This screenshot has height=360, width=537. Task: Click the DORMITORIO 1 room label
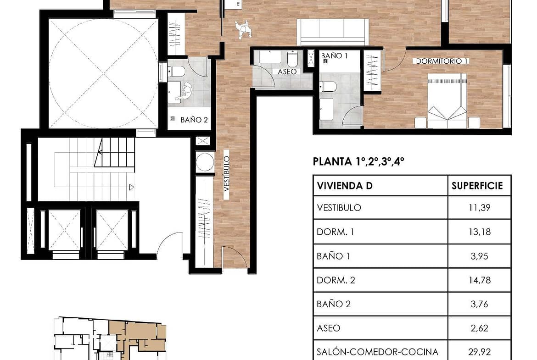pyautogui.click(x=442, y=61)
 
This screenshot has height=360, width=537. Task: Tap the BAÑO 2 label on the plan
pyautogui.click(x=194, y=120)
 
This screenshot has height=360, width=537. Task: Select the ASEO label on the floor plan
pyautogui.click(x=287, y=72)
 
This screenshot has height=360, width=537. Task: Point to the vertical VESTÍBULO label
pyautogui.click(x=227, y=173)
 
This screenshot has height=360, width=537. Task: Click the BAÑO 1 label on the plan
pyautogui.click(x=334, y=55)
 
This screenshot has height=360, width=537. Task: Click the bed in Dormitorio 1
pyautogui.click(x=447, y=101)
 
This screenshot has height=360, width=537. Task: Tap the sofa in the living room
pyautogui.click(x=333, y=32)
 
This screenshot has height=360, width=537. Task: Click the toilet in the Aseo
pyautogui.click(x=292, y=59)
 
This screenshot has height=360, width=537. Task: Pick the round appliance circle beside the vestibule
pyautogui.click(x=205, y=162)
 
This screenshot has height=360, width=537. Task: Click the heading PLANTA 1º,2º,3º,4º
pyautogui.click(x=358, y=161)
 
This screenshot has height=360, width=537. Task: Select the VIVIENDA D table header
pyautogui.click(x=345, y=186)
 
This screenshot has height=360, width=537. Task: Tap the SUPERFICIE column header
pyautogui.click(x=477, y=186)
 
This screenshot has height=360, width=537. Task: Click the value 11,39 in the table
pyautogui.click(x=479, y=208)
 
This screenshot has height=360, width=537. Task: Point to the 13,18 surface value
pyautogui.click(x=480, y=232)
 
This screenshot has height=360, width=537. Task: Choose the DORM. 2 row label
pyautogui.click(x=336, y=280)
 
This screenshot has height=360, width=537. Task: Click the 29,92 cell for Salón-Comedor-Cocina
pyautogui.click(x=480, y=352)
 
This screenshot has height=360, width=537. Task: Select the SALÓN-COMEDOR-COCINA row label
pyautogui.click(x=377, y=352)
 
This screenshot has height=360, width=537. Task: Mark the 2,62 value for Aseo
pyautogui.click(x=479, y=328)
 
